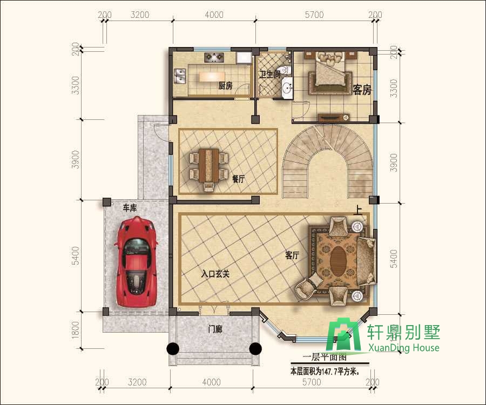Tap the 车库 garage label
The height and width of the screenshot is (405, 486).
(130, 208)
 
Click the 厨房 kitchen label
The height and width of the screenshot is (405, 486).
(225, 86)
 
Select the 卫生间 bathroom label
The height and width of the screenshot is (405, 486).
(269, 75)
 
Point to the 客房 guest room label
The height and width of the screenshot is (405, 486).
(362, 90)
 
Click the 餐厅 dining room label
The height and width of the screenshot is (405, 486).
(238, 179)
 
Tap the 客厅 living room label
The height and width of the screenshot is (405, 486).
(292, 255)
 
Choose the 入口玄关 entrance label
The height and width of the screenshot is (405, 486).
(215, 274)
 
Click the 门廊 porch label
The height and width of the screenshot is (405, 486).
(215, 329)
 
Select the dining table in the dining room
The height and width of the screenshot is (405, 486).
(209, 165)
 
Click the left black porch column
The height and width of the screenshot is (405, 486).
(173, 349)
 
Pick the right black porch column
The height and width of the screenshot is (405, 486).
(255, 349)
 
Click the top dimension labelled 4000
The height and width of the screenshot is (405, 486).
(214, 15)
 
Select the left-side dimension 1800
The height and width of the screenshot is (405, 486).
(75, 329)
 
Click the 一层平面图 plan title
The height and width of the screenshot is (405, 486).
(325, 357)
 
